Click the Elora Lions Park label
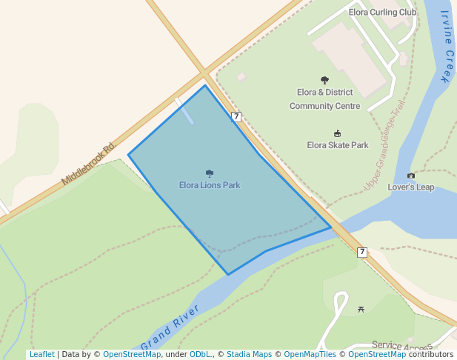[210, 185]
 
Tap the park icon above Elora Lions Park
[210, 173]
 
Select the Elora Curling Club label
[382, 13]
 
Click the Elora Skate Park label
[338, 145]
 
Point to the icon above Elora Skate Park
[338, 133]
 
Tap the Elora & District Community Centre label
[324, 99]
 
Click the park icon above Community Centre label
[324, 80]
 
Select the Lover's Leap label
[411, 187]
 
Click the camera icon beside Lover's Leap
[411, 176]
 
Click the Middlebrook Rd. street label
[90, 163]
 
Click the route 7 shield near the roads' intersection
[236, 116]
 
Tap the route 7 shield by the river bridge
[361, 252]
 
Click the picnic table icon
[361, 309]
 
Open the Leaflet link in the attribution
[41, 354]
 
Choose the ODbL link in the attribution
[200, 354]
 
